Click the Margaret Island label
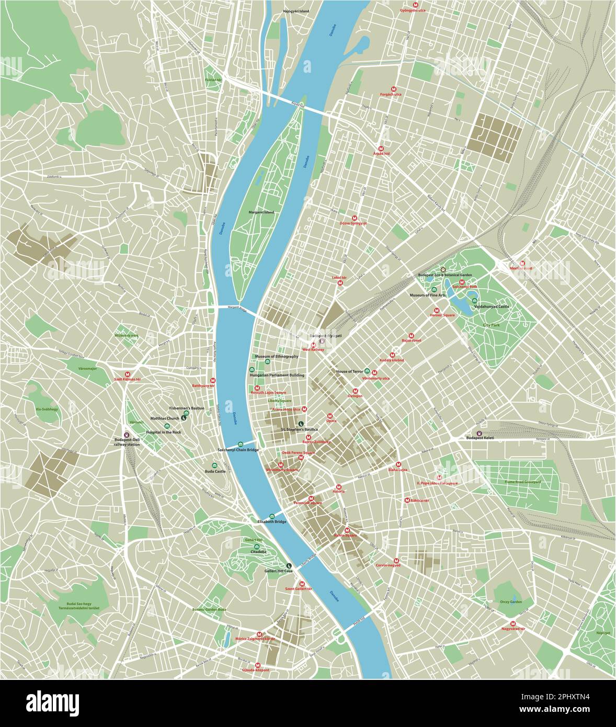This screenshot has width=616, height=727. (261, 212)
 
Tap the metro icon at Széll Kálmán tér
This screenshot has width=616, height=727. (128, 373)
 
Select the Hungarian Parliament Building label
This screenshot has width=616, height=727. (277, 375)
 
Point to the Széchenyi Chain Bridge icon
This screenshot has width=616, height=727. (241, 444)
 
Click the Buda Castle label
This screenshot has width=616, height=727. (215, 471)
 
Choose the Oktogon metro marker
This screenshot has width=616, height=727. (356, 390)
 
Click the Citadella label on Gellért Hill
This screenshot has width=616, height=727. (258, 551)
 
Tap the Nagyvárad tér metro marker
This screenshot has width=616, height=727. (513, 623)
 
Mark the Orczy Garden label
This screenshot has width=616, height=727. (510, 601)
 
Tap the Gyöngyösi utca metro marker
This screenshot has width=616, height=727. (416, 4)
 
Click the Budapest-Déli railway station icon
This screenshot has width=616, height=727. (127, 434)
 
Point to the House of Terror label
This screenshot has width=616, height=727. (349, 371)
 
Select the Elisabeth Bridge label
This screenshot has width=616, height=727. (272, 521)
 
